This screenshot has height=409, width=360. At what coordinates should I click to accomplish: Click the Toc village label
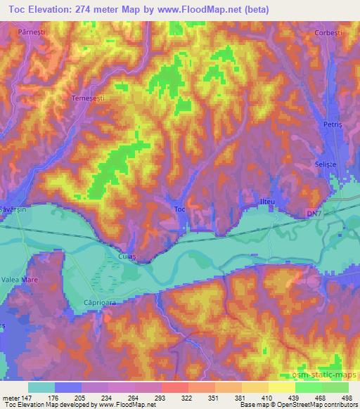pyautogui.click(x=179, y=209)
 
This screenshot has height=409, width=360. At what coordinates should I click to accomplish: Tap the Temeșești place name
pyautogui.click(x=89, y=99)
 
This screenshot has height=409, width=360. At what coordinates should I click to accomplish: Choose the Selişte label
pyautogui.click(x=323, y=164)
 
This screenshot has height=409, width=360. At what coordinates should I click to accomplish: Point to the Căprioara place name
pyautogui.click(x=92, y=304)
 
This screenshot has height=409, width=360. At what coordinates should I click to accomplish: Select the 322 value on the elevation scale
pyautogui.click(x=174, y=398)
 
